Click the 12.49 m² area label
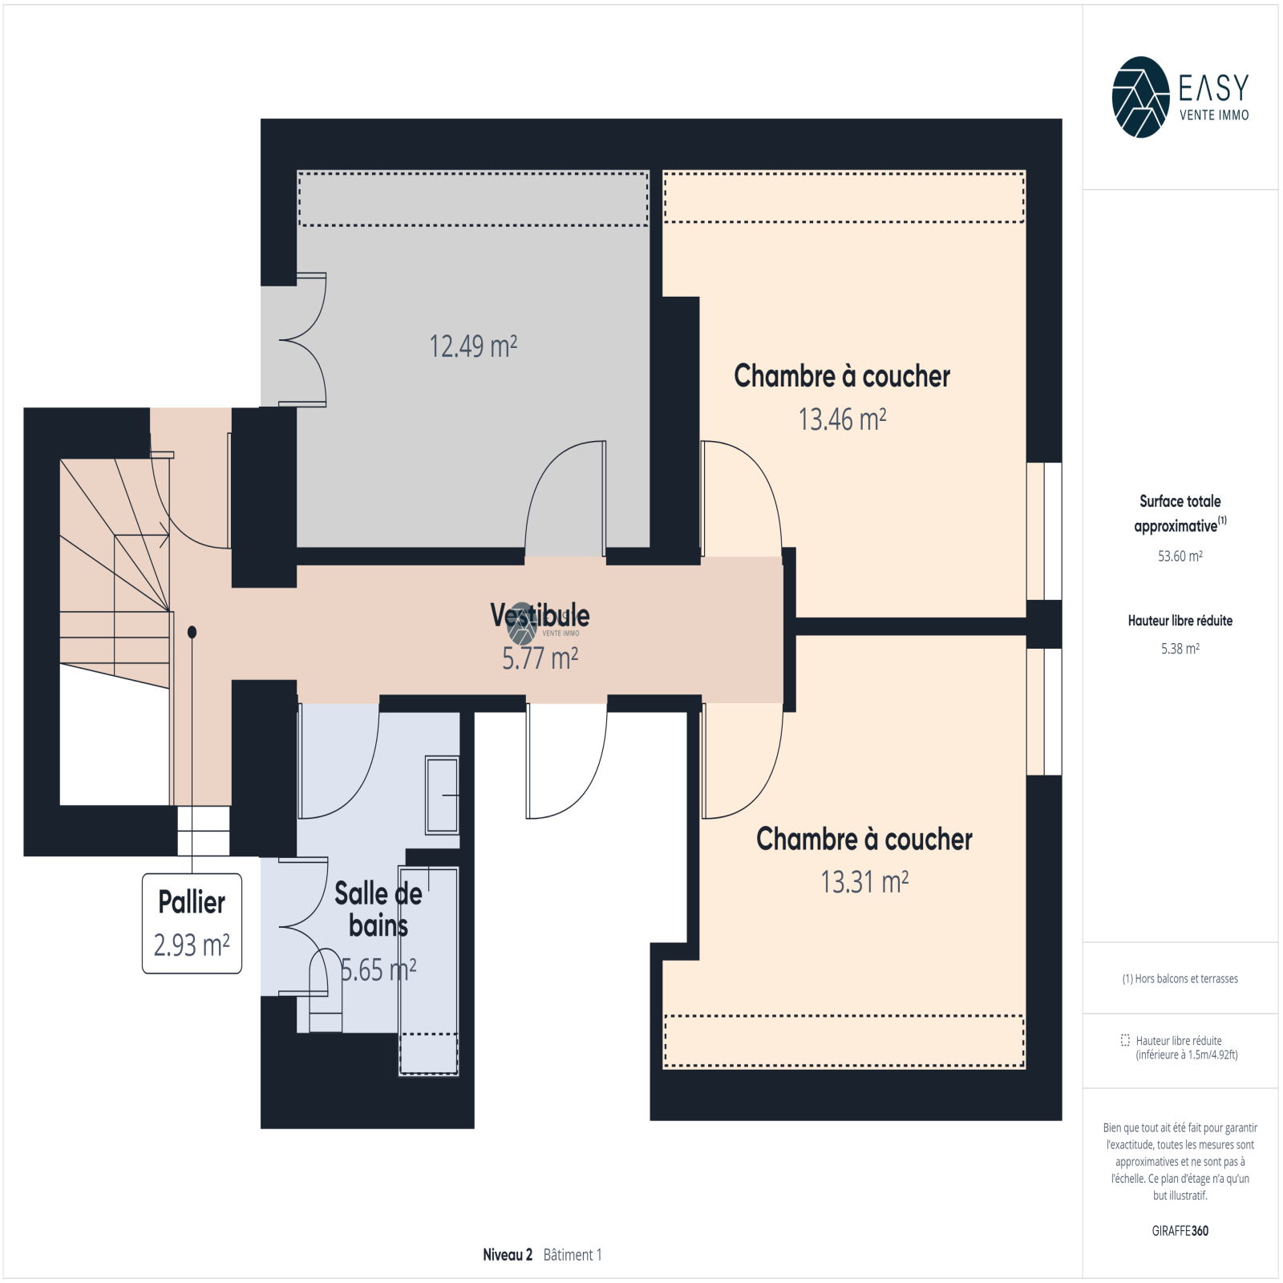point(473,346)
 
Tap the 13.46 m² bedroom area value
point(842,419)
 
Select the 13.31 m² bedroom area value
point(864,882)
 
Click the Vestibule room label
point(540,615)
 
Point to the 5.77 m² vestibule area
point(540,658)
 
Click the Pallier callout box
point(192,924)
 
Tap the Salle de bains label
point(378,909)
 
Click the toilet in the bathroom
point(326,991)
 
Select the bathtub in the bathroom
point(428,970)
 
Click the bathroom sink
point(442,795)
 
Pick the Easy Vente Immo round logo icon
point(1140,97)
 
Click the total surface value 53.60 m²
point(1180,556)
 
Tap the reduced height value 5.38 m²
point(1180,649)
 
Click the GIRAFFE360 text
point(1180,1231)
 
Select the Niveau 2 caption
point(507,1255)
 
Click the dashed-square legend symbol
point(1125,1040)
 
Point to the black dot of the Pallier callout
point(192,632)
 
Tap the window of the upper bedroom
point(1044,531)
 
